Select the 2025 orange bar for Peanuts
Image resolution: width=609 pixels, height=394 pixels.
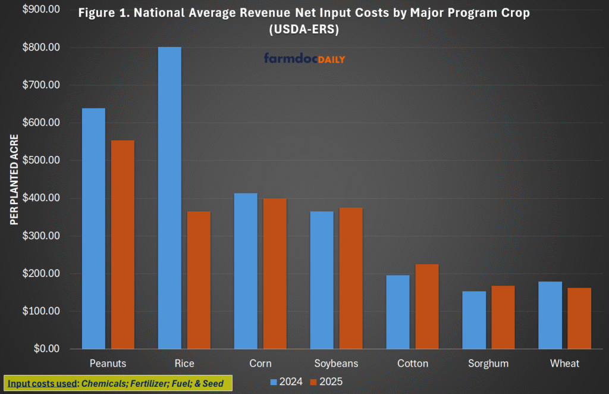pos(123,245)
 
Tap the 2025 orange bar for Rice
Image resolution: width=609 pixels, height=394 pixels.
pos(199,280)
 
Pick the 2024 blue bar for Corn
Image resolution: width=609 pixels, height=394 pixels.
pos(246,271)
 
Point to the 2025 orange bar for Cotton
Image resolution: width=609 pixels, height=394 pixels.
pos(427,307)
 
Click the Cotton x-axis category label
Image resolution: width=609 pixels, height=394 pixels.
pos(412,363)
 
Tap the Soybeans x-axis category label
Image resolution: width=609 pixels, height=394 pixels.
pos(336,363)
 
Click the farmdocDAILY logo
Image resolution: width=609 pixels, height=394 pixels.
pos(304,59)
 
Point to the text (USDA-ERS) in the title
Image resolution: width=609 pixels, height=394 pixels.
pos(304,30)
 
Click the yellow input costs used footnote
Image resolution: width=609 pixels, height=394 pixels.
pos(118,383)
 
